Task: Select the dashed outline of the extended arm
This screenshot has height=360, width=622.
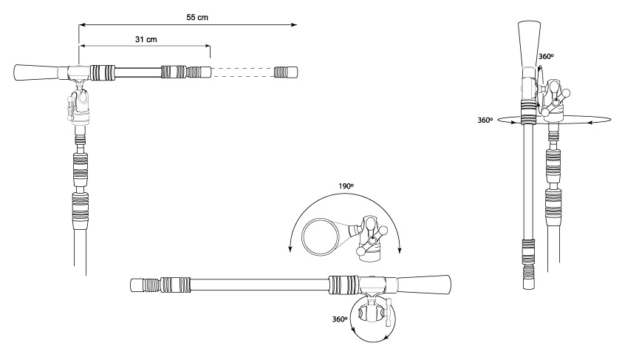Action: coord(242,72)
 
